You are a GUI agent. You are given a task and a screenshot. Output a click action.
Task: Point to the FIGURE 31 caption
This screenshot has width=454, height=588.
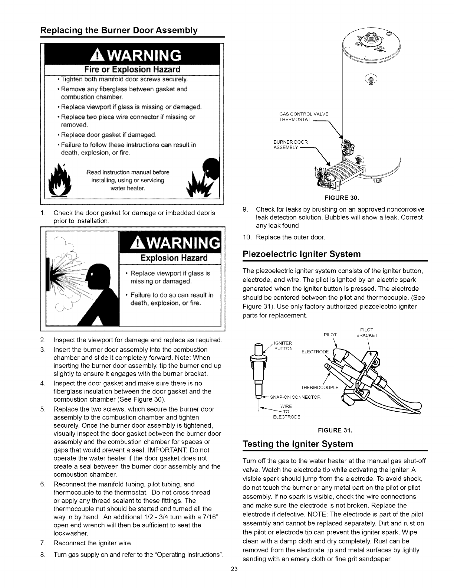click(x=339, y=430)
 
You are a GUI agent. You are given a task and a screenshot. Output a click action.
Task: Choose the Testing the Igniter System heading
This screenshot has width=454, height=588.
click(x=297, y=444)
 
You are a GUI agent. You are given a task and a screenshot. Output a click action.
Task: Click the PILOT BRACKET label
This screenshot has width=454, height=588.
click(x=366, y=332)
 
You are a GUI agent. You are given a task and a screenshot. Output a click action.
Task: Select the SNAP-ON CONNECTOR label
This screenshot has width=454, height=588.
click(x=295, y=397)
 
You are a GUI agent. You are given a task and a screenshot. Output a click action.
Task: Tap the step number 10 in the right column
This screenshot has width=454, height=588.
click(x=246, y=237)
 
